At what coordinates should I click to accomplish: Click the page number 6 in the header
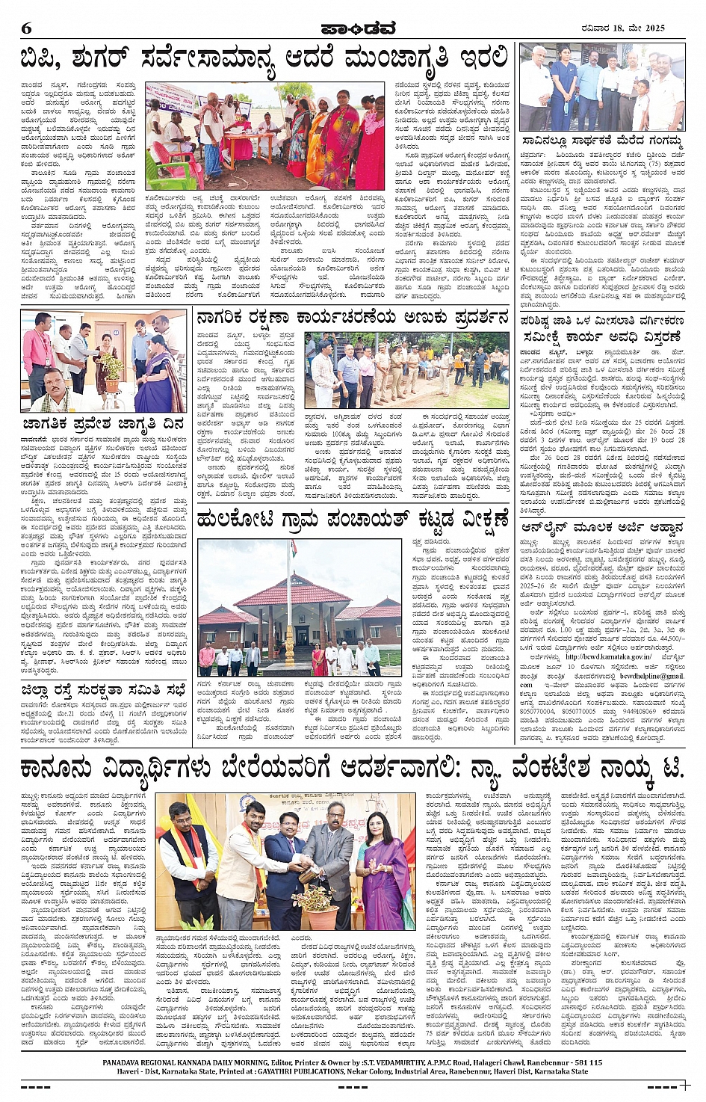(27, 29)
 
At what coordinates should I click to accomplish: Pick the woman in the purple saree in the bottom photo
(385, 867)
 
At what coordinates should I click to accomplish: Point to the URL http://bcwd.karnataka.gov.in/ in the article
(607, 656)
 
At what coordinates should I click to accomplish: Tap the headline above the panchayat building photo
(353, 518)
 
